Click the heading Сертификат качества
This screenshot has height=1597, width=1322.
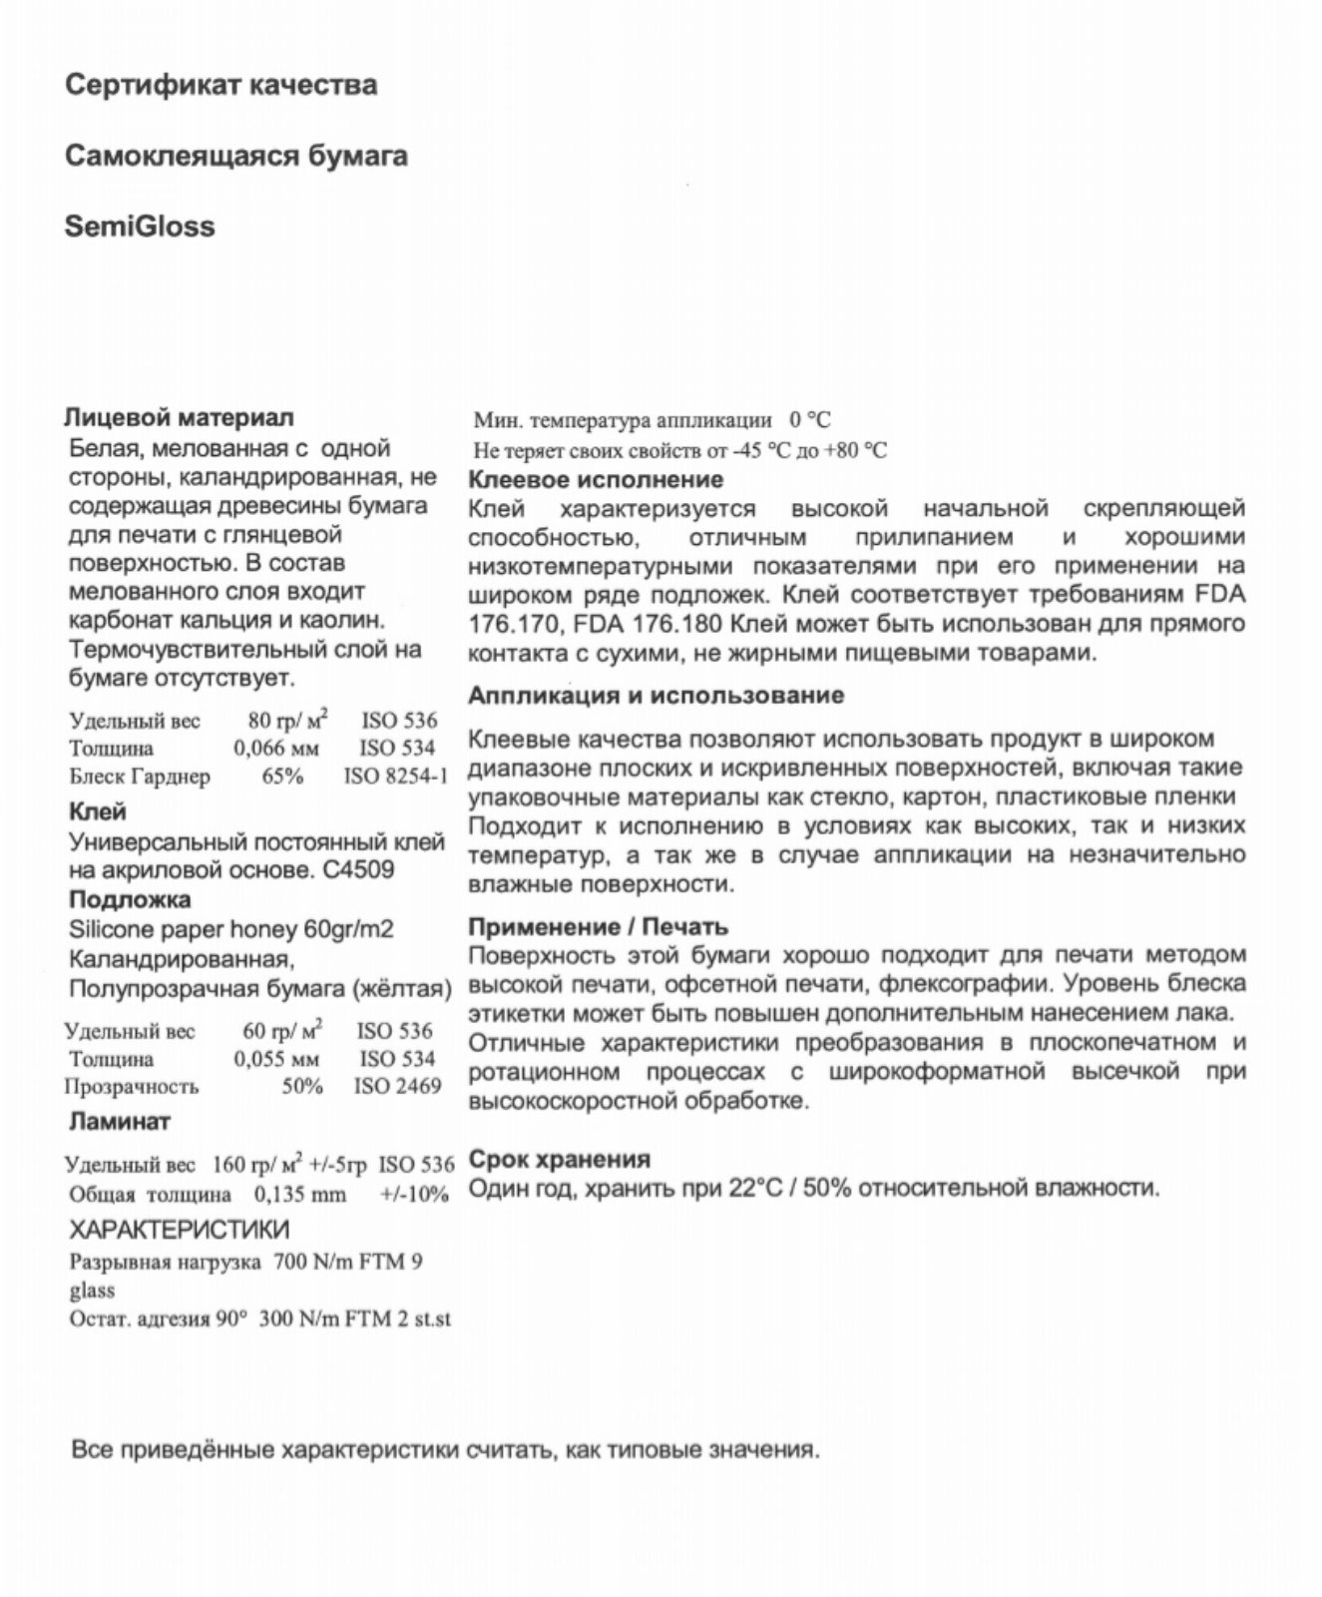(220, 85)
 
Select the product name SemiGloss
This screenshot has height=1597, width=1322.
(140, 227)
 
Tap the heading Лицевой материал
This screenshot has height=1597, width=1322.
(180, 417)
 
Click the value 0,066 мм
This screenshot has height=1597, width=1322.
(277, 748)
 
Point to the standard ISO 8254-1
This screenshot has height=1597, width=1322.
(396, 776)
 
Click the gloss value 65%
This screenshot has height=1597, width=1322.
(282, 776)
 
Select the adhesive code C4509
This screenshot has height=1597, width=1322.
(359, 869)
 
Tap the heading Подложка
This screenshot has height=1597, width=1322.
(130, 899)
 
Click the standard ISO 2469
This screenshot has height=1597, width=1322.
(397, 1086)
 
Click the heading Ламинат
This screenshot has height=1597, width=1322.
(120, 1121)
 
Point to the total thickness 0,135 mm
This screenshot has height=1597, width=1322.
(300, 1195)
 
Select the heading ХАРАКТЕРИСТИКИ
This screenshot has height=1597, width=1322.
(180, 1229)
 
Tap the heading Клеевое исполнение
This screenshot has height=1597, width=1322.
(596, 480)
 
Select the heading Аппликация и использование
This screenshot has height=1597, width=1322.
(656, 696)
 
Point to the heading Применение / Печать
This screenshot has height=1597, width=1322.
(598, 927)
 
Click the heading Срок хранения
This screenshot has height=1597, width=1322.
(559, 1160)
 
